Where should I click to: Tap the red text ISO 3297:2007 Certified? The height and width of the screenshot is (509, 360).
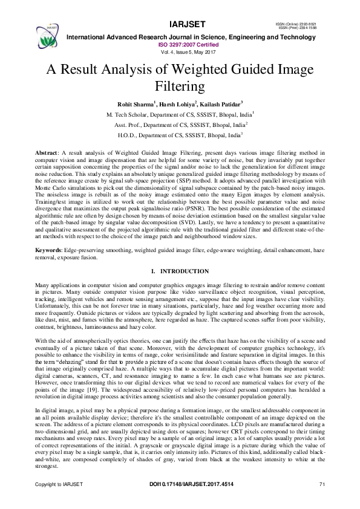pos(180,45)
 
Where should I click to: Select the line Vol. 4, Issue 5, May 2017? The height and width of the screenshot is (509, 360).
pos(180,52)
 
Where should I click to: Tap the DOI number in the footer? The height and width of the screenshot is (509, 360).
pos(180,501)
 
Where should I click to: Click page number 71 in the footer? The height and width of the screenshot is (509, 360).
pos(321,501)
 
